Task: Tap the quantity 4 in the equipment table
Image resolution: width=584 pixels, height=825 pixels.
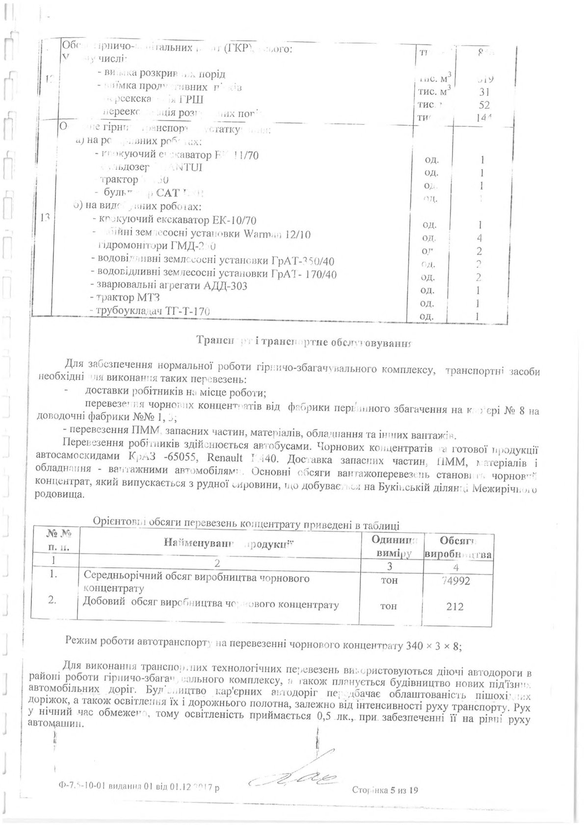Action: [x=479, y=238]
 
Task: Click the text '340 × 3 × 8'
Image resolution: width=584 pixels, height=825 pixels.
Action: [x=434, y=645]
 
